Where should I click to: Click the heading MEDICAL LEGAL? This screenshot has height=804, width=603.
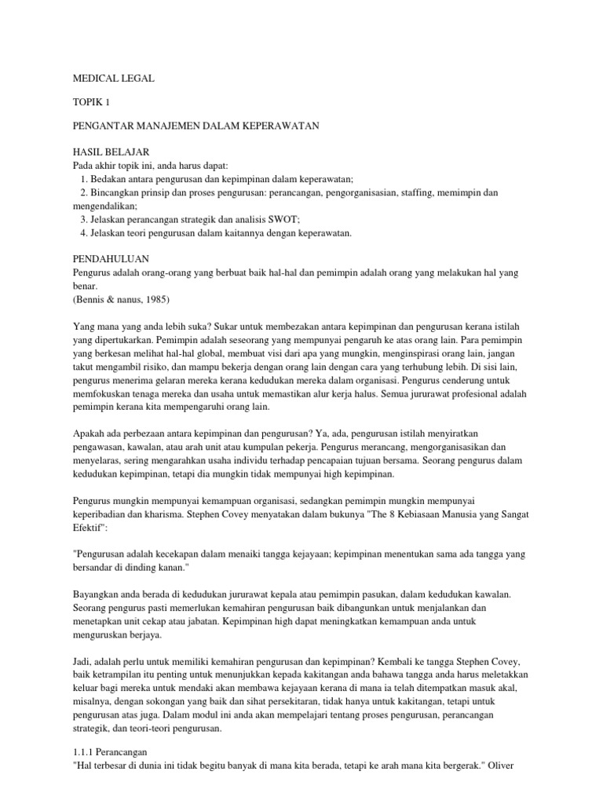click(114, 79)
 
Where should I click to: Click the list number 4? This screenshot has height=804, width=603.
click(83, 234)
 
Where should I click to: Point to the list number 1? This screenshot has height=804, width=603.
click(83, 178)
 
